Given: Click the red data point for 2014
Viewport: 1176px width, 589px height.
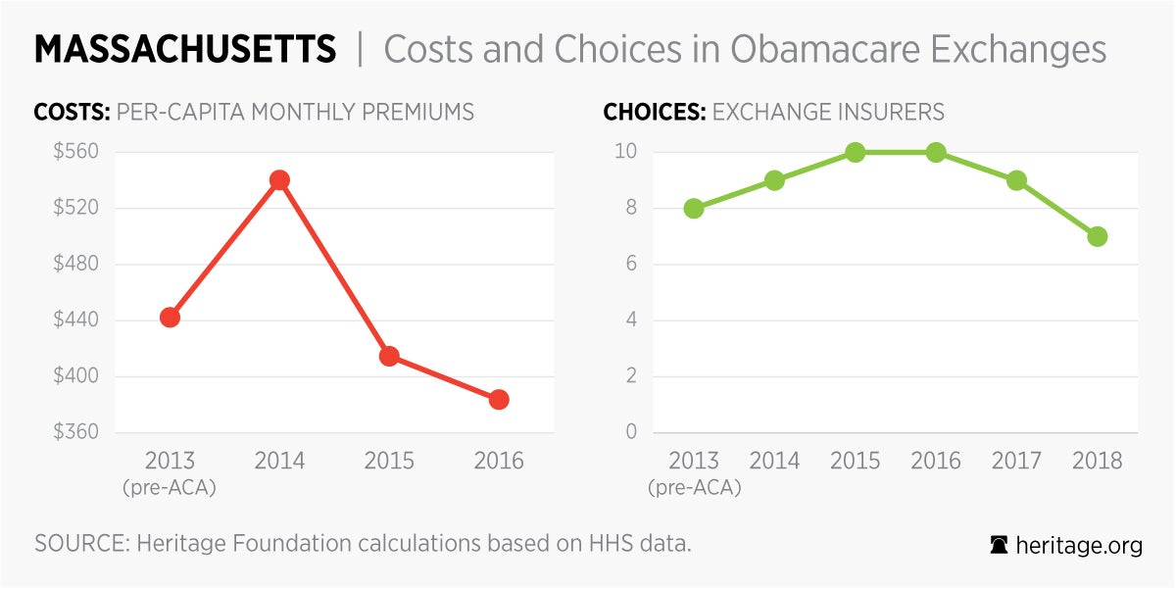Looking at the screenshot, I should click(x=279, y=180).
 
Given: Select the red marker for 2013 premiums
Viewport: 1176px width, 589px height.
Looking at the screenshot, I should click(x=170, y=318).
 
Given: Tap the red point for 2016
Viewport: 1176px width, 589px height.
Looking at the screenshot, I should click(x=499, y=400).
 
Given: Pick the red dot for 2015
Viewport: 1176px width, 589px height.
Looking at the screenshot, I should click(x=389, y=357).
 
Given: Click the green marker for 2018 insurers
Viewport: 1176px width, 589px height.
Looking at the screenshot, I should click(x=1098, y=236).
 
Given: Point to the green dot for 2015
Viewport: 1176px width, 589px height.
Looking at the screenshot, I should click(x=856, y=152).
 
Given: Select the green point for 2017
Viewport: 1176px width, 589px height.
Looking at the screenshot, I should click(x=1016, y=180).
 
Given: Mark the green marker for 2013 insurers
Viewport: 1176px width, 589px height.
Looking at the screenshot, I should click(x=694, y=209).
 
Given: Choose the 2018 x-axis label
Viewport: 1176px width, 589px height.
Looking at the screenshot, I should click(x=1098, y=461).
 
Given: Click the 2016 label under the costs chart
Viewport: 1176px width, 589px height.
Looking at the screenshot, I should click(x=499, y=461).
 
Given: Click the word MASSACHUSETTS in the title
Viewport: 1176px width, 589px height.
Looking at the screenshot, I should click(x=185, y=49).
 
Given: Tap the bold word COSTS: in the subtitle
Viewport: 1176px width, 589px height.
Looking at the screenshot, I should click(x=72, y=112).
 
